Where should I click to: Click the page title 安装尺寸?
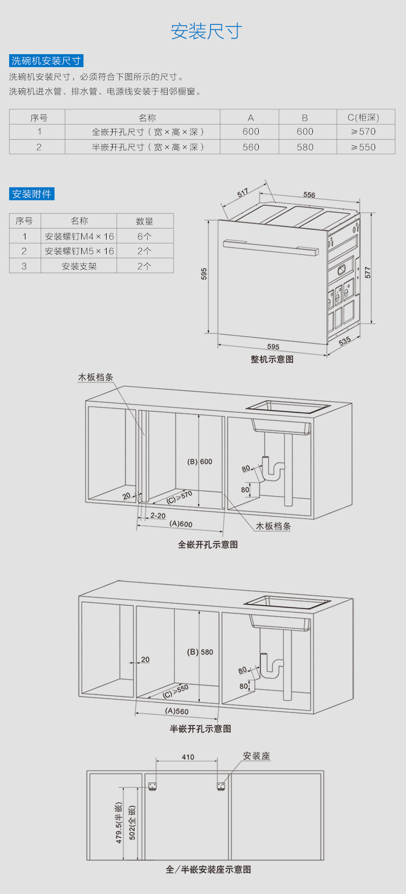206,31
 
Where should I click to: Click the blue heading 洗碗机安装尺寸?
47,61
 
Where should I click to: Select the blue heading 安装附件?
32,194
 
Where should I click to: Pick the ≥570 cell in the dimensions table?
363,132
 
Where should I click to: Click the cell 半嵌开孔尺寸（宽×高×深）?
148,147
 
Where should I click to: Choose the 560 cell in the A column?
251,147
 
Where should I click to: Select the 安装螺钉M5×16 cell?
79,251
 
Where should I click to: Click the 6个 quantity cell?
145,236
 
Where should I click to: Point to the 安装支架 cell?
79,266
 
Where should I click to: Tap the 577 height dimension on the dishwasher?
368,272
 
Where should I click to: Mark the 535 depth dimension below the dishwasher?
345,341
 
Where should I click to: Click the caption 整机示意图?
272,359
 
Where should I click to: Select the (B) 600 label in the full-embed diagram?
200,461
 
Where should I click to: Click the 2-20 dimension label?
158,515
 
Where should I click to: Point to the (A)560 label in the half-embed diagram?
177,711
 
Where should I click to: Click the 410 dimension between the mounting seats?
188,757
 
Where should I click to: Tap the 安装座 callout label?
256,756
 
